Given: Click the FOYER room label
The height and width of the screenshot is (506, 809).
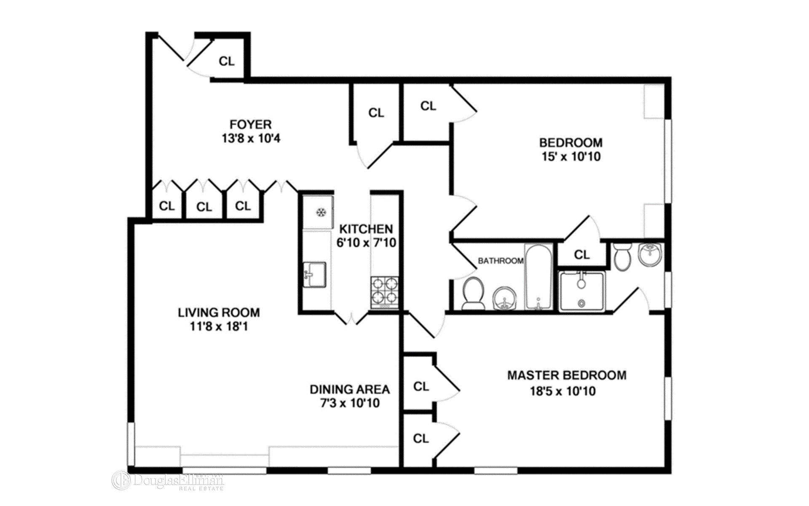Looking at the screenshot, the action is pos(251,124).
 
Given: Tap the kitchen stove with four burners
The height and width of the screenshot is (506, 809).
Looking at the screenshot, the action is pos(385,292).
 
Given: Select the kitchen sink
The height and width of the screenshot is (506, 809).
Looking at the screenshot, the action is pos(314,275).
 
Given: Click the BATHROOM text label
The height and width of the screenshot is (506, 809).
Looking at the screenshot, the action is pos(501,261).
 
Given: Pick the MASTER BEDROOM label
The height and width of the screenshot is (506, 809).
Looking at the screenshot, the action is pos(567,375).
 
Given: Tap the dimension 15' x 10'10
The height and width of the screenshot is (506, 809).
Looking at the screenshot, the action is pos(571,157).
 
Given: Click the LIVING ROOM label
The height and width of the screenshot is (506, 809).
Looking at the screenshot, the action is pos(219,312).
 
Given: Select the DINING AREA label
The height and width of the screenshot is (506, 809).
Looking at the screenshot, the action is pos(350,389).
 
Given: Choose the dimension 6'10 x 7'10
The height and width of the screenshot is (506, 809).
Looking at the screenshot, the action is pos(366,243).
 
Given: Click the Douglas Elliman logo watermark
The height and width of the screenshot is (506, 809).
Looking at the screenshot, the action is pos(168,481).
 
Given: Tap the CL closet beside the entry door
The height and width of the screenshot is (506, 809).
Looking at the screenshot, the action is pos(227,62).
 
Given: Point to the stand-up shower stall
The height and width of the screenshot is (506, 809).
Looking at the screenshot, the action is pos(582,291).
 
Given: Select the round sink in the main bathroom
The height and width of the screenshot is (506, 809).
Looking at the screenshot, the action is pos(504,299).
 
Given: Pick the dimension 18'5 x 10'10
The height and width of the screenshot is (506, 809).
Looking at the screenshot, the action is pos(563,391).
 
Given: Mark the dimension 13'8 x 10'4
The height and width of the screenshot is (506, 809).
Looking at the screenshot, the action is pos(251,138).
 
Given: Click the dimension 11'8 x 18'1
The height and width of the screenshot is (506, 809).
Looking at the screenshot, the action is pos(219,326).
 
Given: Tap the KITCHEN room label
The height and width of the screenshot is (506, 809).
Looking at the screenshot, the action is pos(366,229).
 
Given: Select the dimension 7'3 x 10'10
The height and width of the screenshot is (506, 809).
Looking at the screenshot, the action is pos(350,403).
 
